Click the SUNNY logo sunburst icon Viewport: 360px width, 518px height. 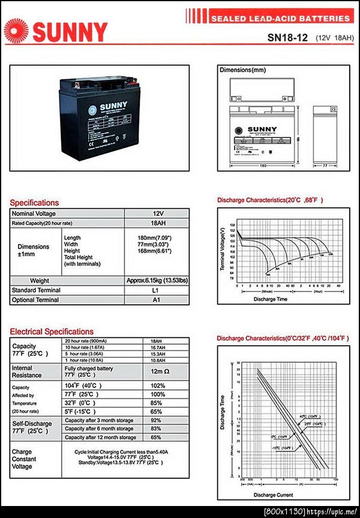click(x=17, y=31)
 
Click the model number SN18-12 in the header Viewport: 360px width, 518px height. click(x=287, y=37)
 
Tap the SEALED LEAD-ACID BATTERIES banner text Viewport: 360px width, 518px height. click(x=280, y=19)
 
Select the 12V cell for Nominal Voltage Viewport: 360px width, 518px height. click(x=158, y=214)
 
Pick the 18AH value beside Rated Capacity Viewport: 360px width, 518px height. click(x=158, y=223)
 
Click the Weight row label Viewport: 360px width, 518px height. click(x=40, y=281)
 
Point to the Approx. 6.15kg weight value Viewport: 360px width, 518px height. click(x=157, y=281)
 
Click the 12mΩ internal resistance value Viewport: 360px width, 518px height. click(x=158, y=372)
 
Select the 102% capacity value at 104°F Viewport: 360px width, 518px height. click(x=158, y=385)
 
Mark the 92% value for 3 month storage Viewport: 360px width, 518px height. click(x=157, y=420)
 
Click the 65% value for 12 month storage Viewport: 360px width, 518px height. click(x=157, y=438)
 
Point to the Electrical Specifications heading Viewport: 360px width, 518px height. click(x=52, y=331)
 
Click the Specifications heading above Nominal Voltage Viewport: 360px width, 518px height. click(x=34, y=203)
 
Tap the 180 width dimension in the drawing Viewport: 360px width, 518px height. click(x=262, y=165)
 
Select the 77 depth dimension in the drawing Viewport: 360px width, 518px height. click(x=325, y=165)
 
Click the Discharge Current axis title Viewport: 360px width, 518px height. click(x=273, y=495)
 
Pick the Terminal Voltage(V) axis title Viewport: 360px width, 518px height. click(x=223, y=249)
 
